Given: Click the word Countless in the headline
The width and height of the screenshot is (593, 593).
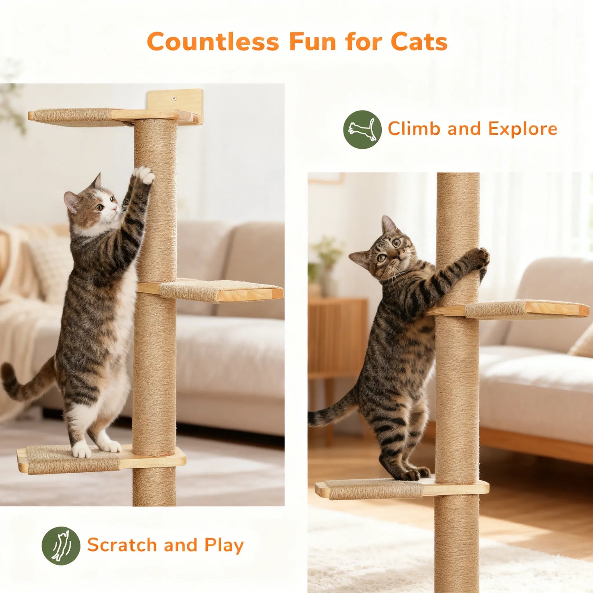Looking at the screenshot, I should (213, 42).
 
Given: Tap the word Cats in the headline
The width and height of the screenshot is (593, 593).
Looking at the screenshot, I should (419, 42).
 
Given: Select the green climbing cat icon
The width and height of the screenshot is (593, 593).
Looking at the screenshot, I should (362, 129).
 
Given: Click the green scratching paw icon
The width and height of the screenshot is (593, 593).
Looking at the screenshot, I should (61, 545).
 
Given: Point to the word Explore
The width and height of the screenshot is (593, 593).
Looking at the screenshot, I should (523, 129).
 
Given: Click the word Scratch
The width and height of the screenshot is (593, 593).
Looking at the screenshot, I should (122, 545).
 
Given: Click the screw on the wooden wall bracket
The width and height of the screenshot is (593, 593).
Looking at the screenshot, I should (174, 98).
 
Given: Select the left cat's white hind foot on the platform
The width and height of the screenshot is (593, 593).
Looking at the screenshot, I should (82, 450).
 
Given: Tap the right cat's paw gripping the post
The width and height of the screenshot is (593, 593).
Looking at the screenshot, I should (478, 258).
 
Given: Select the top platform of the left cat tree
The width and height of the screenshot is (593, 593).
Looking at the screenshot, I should (103, 116).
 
